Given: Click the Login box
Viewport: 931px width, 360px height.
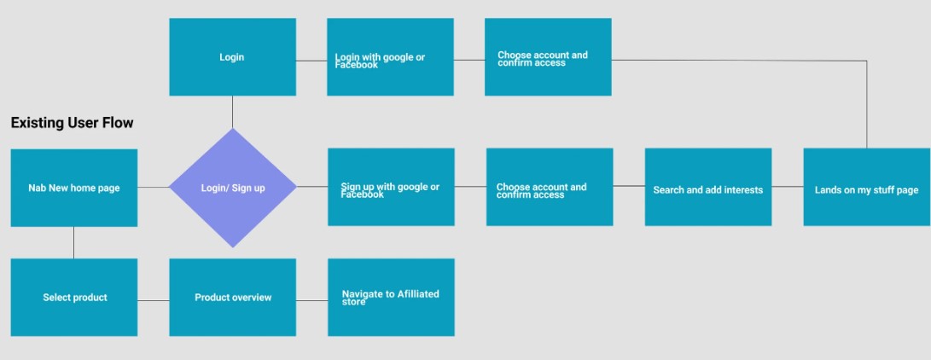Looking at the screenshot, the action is [x=232, y=57].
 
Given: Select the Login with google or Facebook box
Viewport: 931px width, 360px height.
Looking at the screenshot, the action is [x=390, y=57].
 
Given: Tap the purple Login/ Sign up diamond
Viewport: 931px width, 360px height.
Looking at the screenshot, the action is [x=232, y=188].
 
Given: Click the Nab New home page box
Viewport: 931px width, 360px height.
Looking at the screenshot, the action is [x=73, y=188].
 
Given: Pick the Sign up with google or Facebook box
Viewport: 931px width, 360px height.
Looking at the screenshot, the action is [x=390, y=187].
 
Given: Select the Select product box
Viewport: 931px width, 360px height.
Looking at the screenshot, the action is [x=73, y=297].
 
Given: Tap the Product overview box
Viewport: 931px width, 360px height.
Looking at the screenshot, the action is [x=232, y=297].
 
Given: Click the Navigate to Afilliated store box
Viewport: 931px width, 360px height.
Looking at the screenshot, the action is [x=390, y=297].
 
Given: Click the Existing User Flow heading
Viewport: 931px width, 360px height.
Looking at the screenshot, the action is [x=72, y=123].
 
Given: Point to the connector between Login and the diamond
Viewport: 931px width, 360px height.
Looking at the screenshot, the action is [x=232, y=112].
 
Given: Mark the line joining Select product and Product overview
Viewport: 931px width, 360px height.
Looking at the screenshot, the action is [x=153, y=300].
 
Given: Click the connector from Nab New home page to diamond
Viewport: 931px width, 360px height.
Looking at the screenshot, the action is [x=153, y=187].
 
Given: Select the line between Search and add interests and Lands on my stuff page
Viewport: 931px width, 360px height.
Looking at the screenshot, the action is [x=787, y=186].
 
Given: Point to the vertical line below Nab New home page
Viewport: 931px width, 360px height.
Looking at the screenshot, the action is [x=73, y=242].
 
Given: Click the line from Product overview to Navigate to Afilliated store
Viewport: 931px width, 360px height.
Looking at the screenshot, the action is [x=311, y=299].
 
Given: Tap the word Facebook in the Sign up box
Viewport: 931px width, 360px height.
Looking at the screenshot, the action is [x=363, y=195].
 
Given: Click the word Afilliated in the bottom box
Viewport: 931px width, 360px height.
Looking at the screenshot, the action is [x=418, y=294].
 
